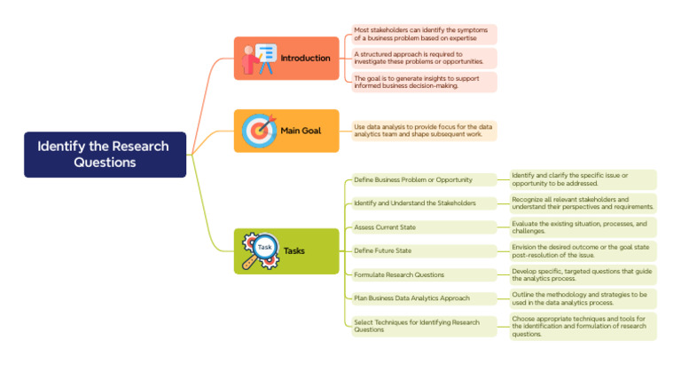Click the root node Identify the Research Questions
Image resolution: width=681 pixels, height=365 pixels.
click(106, 155)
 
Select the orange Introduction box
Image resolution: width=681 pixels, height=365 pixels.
click(286, 59)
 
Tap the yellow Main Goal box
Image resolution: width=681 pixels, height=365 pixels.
click(286, 131)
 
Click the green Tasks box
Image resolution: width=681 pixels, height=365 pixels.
click(286, 250)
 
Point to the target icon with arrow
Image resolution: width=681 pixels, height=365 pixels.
click(259, 131)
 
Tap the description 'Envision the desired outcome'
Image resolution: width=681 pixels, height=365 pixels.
click(583, 250)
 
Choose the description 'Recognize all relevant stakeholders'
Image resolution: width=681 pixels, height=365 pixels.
click(583, 203)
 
